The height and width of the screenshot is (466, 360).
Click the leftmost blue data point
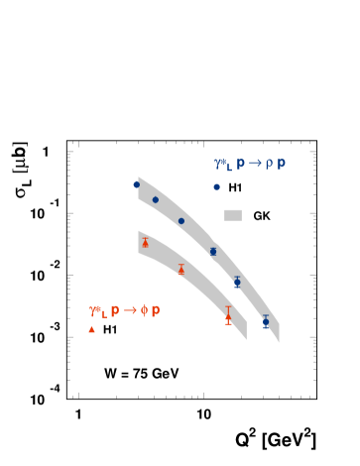click(137, 184)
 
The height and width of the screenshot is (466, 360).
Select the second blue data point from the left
click(155, 199)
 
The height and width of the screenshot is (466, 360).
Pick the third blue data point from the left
click(181, 221)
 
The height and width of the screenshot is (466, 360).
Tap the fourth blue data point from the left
click(212, 251)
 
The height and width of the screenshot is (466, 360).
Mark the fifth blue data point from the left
click(237, 283)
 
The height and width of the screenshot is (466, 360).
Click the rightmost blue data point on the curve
click(266, 321)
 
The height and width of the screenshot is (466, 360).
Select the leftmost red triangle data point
click(145, 243)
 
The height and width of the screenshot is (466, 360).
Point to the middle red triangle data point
click(180, 268)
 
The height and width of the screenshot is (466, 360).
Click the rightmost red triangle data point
click(228, 316)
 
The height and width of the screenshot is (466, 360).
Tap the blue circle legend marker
click(216, 186)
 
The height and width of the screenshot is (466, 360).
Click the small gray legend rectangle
click(233, 215)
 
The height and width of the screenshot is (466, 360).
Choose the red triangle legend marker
click(92, 329)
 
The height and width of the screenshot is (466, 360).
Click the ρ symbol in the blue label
click(269, 164)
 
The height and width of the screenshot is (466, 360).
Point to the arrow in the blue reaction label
click(255, 163)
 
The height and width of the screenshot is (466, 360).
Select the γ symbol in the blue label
click(218, 164)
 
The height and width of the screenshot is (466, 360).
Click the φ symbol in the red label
click(144, 310)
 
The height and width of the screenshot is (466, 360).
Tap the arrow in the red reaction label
click(130, 310)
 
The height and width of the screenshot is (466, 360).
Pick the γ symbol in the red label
click(93, 311)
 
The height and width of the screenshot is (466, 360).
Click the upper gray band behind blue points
click(198, 229)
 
